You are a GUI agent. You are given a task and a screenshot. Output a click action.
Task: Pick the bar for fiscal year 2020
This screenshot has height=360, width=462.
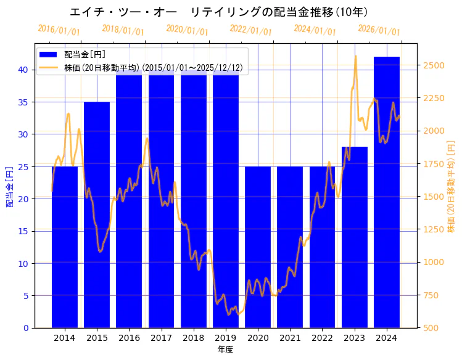pyautogui.click(x=258, y=247)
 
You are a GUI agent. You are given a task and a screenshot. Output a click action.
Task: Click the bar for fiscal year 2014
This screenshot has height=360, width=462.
pyautogui.click(x=65, y=247)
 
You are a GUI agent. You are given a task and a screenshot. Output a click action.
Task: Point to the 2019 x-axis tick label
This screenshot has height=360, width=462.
pyautogui.click(x=226, y=337)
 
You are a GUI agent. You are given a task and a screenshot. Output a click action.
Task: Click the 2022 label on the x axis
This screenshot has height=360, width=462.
pyautogui.click(x=322, y=337)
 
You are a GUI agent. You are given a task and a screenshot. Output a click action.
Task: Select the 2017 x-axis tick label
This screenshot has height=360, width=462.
pyautogui.click(x=161, y=337)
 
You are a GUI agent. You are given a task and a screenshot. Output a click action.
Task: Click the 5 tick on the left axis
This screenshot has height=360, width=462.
pyautogui.click(x=25, y=295)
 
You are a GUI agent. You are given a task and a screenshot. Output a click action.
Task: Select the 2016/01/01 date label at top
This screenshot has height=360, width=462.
pyautogui.click(x=59, y=30)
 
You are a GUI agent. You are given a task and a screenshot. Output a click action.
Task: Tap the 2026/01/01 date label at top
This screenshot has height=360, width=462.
pyautogui.click(x=379, y=30)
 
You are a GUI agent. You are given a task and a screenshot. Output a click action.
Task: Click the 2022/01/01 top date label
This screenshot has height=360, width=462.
pyautogui.click(x=250, y=30)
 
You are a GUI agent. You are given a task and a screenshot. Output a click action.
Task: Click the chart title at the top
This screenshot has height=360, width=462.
pyautogui.click(x=218, y=12)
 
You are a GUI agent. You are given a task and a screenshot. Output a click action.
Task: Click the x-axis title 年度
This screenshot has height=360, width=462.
pyautogui.click(x=225, y=350)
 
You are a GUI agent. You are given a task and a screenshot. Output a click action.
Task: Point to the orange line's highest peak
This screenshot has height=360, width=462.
pyautogui.click(x=355, y=56)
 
